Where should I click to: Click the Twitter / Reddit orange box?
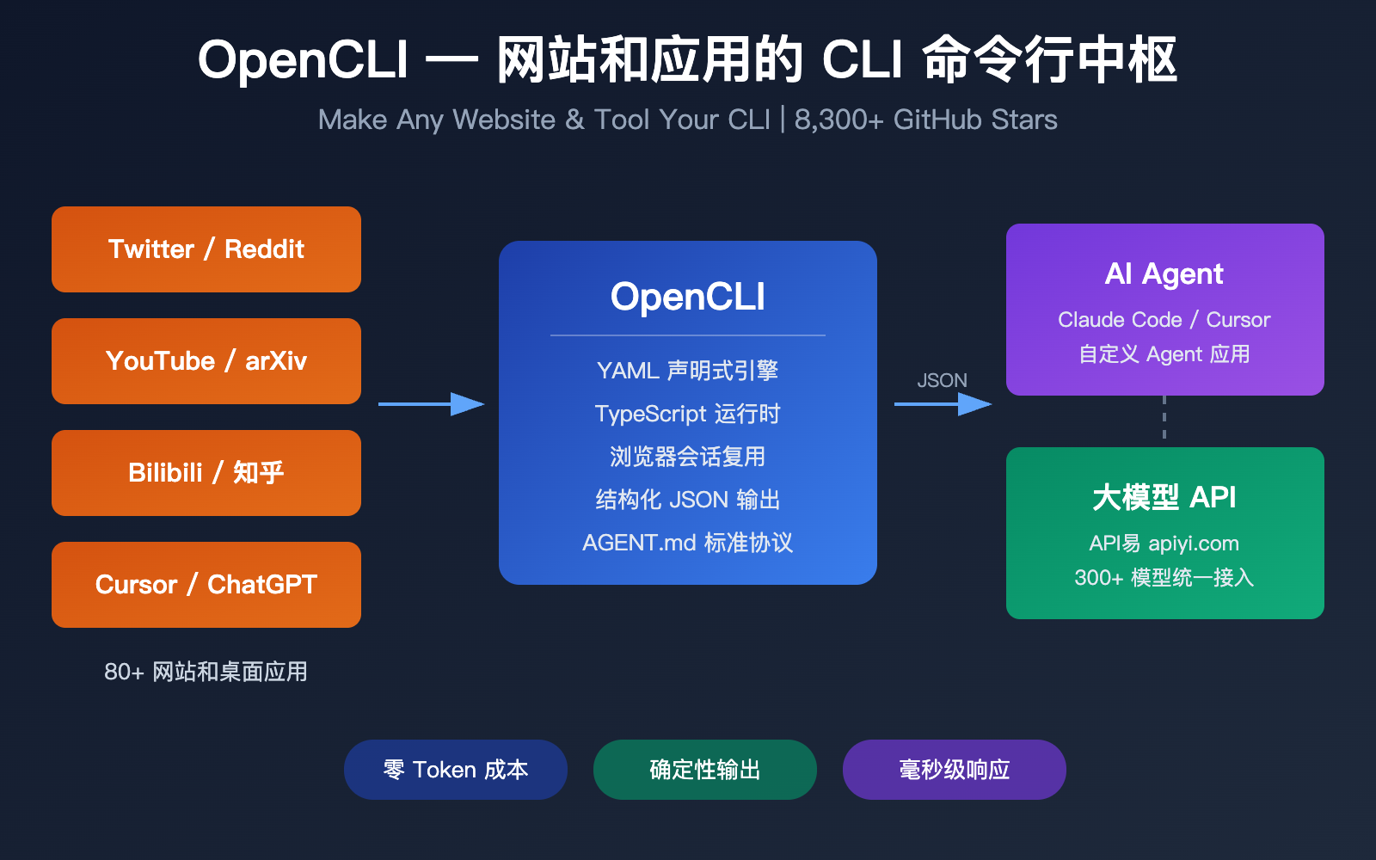tap(206, 249)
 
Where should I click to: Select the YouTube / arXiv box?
tap(206, 361)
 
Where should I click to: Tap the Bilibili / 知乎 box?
tap(206, 473)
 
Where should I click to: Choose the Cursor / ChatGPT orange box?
tap(206, 585)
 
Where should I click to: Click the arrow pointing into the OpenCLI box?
tap(430, 404)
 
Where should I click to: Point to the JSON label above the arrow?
tap(942, 380)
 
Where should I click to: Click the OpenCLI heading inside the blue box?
tap(688, 297)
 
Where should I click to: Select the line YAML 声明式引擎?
tap(688, 371)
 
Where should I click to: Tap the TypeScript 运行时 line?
tap(688, 414)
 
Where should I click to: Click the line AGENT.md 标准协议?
tap(688, 543)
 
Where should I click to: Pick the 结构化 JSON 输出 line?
tap(688, 500)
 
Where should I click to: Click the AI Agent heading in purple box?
tap(1164, 274)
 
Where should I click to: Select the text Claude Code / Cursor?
tap(1164, 320)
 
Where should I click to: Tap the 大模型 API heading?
tap(1164, 497)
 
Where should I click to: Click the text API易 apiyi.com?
tap(1164, 544)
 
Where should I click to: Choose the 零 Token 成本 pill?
tap(456, 770)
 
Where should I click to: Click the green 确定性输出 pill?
tap(705, 770)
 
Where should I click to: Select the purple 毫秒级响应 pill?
tap(955, 770)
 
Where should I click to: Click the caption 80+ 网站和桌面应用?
tap(206, 672)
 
